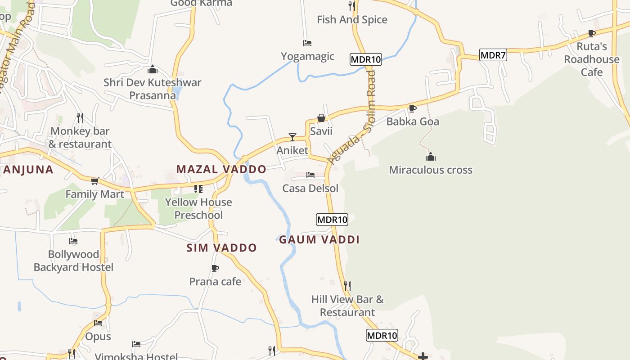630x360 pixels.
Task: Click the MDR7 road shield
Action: pos(493,55)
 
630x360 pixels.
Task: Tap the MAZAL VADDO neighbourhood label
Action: pos(221,169)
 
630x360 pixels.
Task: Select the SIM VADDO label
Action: pos(221,247)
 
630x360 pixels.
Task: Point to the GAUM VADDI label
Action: pos(319,239)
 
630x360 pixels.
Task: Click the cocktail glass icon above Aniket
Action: pos(292,137)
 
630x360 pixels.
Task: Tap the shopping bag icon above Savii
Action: pos(321,118)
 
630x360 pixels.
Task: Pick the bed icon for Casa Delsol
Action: pos(310,175)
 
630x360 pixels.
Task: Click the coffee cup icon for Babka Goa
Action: pos(412,108)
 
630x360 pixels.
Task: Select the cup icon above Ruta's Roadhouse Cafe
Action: pos(592,33)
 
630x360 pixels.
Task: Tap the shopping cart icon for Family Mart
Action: pos(94,181)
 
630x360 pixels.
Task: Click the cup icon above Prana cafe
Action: pos(215,268)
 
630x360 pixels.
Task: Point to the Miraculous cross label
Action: pos(431,170)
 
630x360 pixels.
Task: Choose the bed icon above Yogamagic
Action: pos(307,43)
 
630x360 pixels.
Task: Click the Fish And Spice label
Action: pos(352,19)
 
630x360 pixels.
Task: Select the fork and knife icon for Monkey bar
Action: pos(80,118)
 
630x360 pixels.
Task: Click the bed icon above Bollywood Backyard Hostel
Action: pos(73,241)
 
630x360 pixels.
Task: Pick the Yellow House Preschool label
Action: pos(198,208)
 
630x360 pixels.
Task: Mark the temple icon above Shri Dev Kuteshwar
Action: pos(153,69)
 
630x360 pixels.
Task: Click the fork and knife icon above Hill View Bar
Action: pos(347,286)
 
